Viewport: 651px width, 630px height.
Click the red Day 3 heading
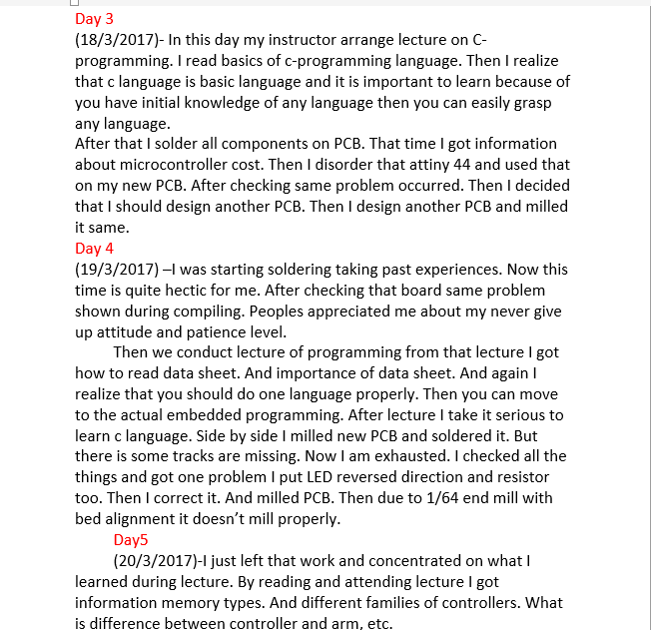coord(94,19)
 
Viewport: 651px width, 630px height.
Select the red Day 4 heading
coord(94,249)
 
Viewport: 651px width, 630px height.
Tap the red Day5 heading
coord(131,540)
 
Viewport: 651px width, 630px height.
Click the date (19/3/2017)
coord(117,270)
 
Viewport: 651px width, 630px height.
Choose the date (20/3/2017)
coord(155,561)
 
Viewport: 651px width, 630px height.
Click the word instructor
coord(312,40)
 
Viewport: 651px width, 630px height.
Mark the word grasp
coord(531,103)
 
